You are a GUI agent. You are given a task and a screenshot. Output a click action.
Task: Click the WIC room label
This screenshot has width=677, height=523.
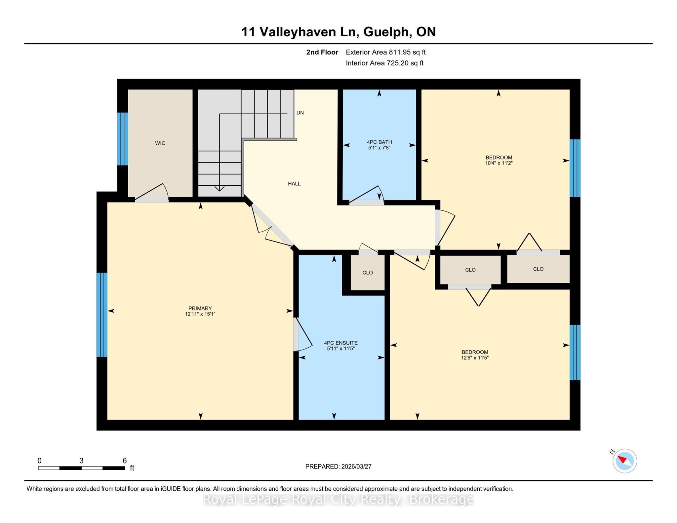pos(160,143)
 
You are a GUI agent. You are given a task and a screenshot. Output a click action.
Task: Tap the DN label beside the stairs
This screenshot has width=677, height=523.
pos(300,113)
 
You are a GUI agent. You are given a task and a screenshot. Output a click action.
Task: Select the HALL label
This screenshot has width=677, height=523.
pos(294,184)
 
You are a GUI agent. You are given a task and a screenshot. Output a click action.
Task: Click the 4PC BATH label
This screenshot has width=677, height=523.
pos(379,142)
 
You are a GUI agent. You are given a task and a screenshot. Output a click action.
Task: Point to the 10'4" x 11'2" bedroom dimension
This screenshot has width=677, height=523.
pos(499,163)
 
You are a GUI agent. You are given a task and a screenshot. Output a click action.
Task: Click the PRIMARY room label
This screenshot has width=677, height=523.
pos(200,308)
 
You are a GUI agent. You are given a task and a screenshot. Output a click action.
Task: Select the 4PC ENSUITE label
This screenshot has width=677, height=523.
pos(341,343)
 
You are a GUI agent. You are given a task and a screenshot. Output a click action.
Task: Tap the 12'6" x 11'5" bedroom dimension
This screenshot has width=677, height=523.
pos(475,357)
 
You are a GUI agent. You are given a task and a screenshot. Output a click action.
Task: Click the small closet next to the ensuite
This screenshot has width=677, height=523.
pos(368,273)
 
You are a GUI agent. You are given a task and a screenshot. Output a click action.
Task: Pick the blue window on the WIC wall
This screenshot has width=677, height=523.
pos(123,139)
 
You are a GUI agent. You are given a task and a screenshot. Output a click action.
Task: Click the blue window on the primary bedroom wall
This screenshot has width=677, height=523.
pos(102,315)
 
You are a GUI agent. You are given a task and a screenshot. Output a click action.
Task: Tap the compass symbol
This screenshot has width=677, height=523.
pos(625,461)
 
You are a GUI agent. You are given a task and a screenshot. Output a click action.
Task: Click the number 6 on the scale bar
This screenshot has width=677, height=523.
pos(125,461)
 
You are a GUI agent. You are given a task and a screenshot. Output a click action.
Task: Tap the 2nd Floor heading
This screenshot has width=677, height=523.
pos(322,52)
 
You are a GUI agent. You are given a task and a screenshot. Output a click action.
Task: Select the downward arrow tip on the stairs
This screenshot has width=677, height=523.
pos(219,191)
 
